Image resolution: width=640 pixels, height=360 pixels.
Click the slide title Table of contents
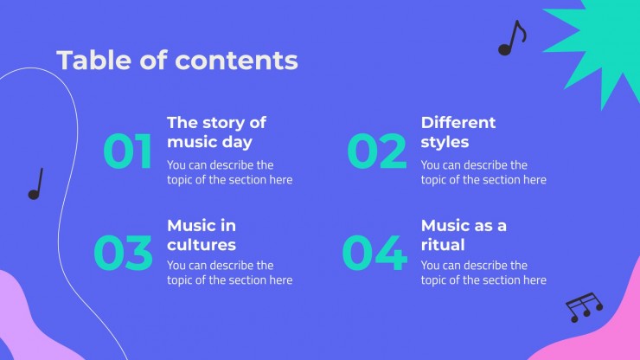[177, 60]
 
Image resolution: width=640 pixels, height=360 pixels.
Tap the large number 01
[128, 151]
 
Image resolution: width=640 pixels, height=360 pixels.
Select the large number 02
[377, 151]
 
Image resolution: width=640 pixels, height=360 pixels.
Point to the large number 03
[124, 253]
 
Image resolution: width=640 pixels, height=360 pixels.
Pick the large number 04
[374, 253]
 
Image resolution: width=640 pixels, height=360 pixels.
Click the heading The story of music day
[217, 132]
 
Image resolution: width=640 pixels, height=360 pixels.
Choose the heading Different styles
[458, 132]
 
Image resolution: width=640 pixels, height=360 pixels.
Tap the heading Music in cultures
[202, 235]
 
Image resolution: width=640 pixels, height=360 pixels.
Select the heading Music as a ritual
[464, 235]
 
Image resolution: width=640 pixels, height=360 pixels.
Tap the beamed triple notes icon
[584, 307]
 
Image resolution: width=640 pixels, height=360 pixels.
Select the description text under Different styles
[483, 172]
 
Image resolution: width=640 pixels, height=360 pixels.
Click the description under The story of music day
[230, 172]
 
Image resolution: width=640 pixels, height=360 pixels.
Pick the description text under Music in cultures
[230, 273]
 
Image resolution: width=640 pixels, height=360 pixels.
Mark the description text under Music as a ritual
[483, 273]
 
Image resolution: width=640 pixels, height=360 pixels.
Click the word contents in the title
[236, 61]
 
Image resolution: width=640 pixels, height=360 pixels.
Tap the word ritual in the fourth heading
[443, 245]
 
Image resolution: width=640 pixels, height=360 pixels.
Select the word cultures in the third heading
[202, 245]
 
